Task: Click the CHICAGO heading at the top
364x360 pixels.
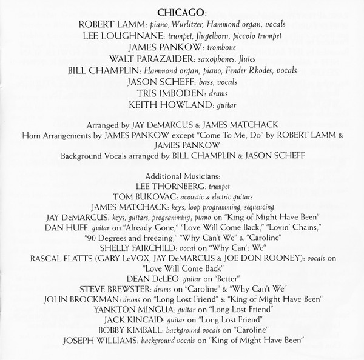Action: tap(183, 12)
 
